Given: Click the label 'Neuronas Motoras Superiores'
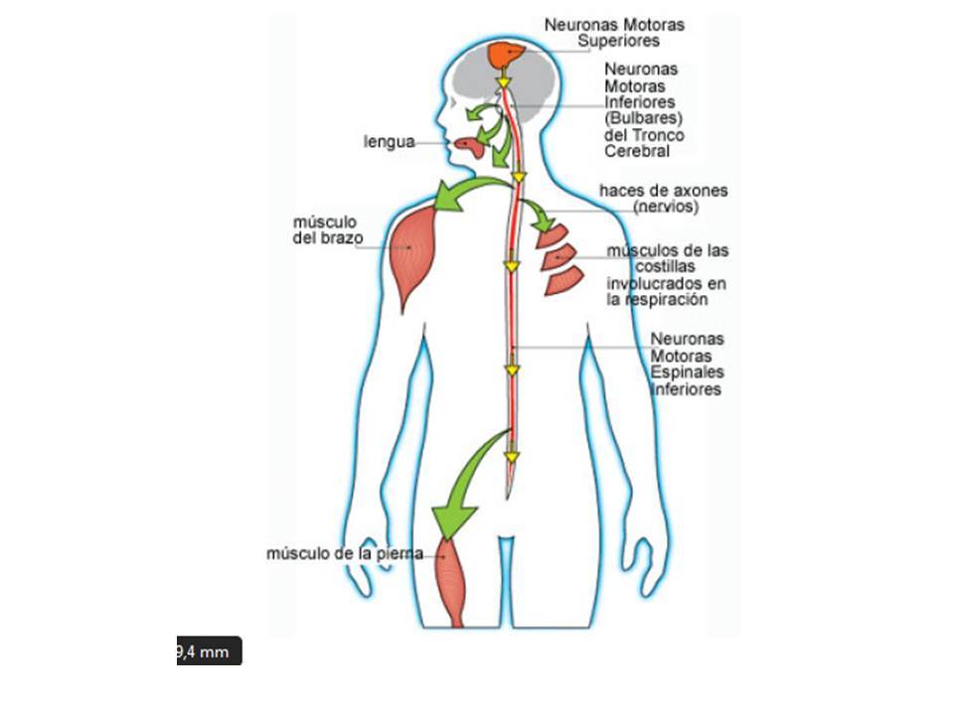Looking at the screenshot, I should point(614,32).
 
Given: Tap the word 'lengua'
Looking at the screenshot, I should point(389,142).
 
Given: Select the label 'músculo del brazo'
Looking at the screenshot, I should point(325,229).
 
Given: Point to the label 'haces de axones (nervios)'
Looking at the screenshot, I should point(663,198).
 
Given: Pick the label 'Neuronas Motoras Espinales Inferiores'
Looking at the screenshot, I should point(687,363).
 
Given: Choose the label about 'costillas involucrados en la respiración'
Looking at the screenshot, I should point(668,274).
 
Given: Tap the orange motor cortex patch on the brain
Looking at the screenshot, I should point(507,53).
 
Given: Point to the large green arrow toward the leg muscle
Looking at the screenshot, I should point(465,487).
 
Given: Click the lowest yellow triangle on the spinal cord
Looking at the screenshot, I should point(512,458).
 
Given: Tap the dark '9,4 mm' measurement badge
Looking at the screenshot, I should point(209,651).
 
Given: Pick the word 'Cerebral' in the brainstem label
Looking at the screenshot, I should point(637,151).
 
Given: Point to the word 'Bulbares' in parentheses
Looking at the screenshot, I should point(642,119).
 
